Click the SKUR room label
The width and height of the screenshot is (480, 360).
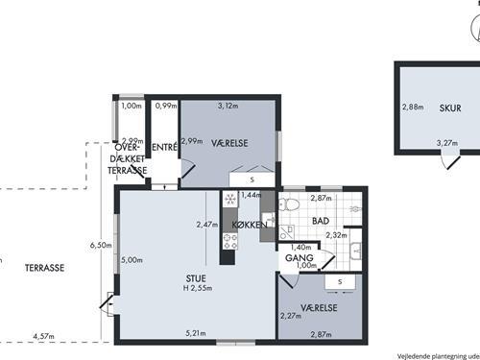coord(450,108)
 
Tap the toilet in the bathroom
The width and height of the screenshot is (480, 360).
coord(289,204)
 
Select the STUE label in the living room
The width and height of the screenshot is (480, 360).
coord(196,278)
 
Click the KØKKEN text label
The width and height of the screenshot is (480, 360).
coord(250,225)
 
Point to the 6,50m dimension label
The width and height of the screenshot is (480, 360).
coord(101,246)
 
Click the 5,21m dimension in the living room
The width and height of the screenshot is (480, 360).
coord(196,333)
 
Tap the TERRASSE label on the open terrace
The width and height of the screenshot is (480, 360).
coord(44,268)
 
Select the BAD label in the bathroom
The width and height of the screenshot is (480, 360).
coord(321,221)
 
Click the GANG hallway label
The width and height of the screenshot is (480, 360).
coord(300,258)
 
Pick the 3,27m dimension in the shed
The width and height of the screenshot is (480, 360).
coord(447,143)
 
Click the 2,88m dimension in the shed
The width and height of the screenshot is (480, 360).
coord(413,107)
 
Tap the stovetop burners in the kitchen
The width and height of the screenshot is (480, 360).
coord(230,241)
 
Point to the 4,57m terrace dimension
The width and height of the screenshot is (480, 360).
coord(44,336)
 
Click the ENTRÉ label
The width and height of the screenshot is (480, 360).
coord(164,147)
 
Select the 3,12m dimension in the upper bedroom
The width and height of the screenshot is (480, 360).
coord(228,106)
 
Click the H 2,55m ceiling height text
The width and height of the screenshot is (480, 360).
coord(198,288)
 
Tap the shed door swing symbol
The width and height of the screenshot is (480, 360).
coord(450,161)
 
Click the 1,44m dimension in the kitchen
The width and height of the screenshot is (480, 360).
coord(251,195)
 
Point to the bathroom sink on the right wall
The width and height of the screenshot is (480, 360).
coord(356,251)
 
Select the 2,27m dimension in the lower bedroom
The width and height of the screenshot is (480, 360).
coord(291,316)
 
